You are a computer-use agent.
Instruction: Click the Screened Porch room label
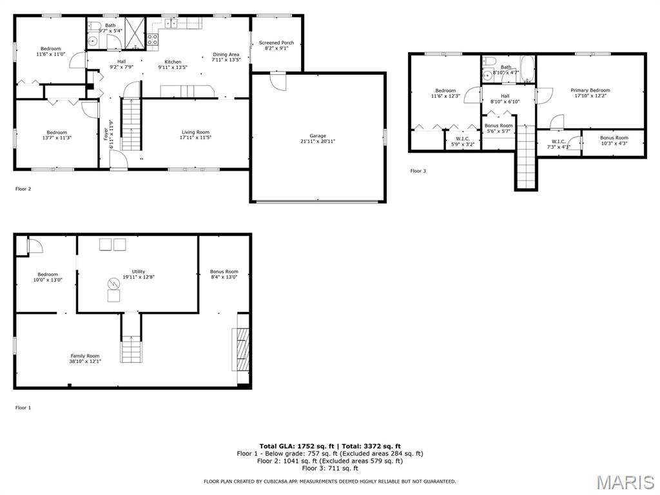[276, 43]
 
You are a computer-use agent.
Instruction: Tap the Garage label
[318, 135]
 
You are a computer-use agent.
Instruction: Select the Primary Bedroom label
[590, 90]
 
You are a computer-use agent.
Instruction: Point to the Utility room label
[139, 271]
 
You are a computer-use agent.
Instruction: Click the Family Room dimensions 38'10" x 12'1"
[86, 361]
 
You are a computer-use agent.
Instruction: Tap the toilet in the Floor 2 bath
[93, 26]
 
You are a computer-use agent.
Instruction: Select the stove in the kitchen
[152, 39]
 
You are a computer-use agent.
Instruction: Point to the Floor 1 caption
[23, 407]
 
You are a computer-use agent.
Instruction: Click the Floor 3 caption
[418, 171]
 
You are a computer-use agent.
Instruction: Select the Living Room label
[195, 131]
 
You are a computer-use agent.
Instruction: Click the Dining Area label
[226, 54]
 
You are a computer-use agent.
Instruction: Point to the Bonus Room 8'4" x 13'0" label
[224, 274]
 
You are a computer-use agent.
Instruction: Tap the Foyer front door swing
[119, 160]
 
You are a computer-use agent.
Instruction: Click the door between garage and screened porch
[278, 81]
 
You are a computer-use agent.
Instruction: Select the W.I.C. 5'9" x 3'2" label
[463, 141]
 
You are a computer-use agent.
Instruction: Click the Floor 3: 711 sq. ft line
[330, 468]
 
